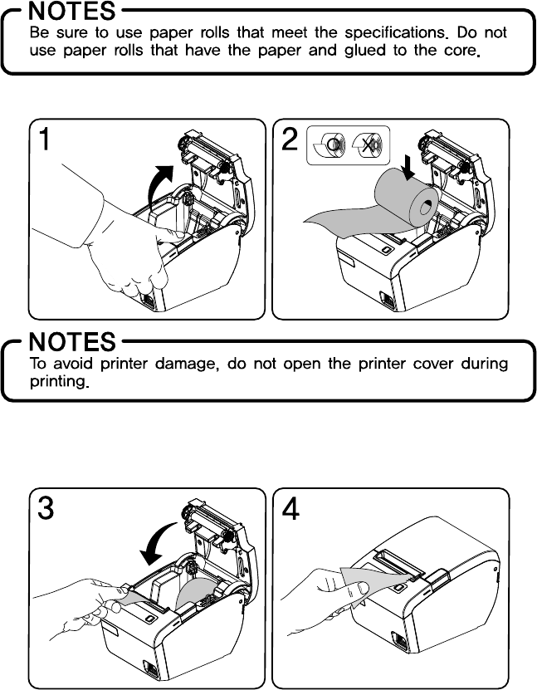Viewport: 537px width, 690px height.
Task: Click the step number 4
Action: point(291,508)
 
